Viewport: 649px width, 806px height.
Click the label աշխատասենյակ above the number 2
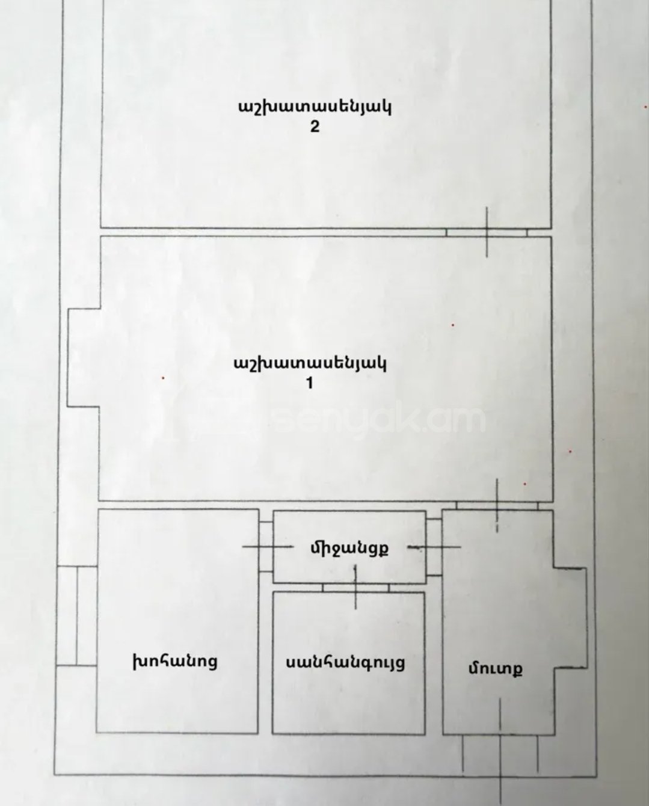[315, 108]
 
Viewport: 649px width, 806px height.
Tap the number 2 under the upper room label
[315, 128]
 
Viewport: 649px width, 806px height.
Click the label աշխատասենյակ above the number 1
[310, 364]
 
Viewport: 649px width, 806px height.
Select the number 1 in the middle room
[310, 384]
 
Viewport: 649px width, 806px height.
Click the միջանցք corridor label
[349, 549]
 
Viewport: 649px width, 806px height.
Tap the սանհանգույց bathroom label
[345, 663]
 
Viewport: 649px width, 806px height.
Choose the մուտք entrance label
[495, 668]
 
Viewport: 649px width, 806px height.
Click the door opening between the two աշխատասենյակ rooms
[487, 233]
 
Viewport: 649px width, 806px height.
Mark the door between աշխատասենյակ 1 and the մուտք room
[497, 506]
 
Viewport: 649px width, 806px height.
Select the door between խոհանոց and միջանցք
[266, 547]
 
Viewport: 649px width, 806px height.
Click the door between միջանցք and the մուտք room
[434, 547]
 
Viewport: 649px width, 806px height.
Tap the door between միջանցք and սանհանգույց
[355, 588]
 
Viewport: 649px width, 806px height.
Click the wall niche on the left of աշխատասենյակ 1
[83, 357]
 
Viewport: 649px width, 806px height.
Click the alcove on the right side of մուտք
[571, 618]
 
